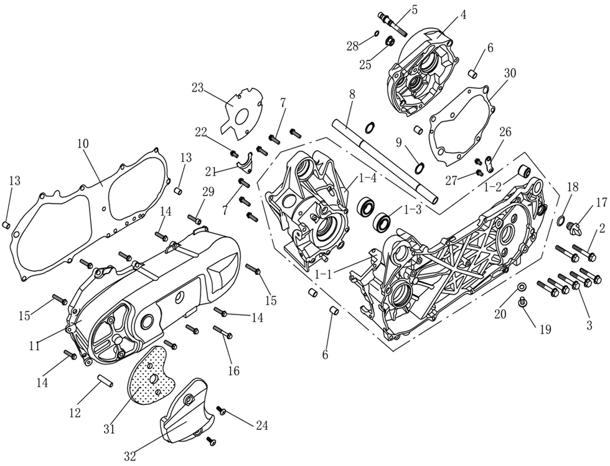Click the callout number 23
pyautogui.click(x=198, y=88)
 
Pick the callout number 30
pyautogui.click(x=510, y=72)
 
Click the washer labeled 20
pyautogui.click(x=522, y=287)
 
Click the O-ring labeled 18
pyautogui.click(x=561, y=221)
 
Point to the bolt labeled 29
pyautogui.click(x=195, y=219)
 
